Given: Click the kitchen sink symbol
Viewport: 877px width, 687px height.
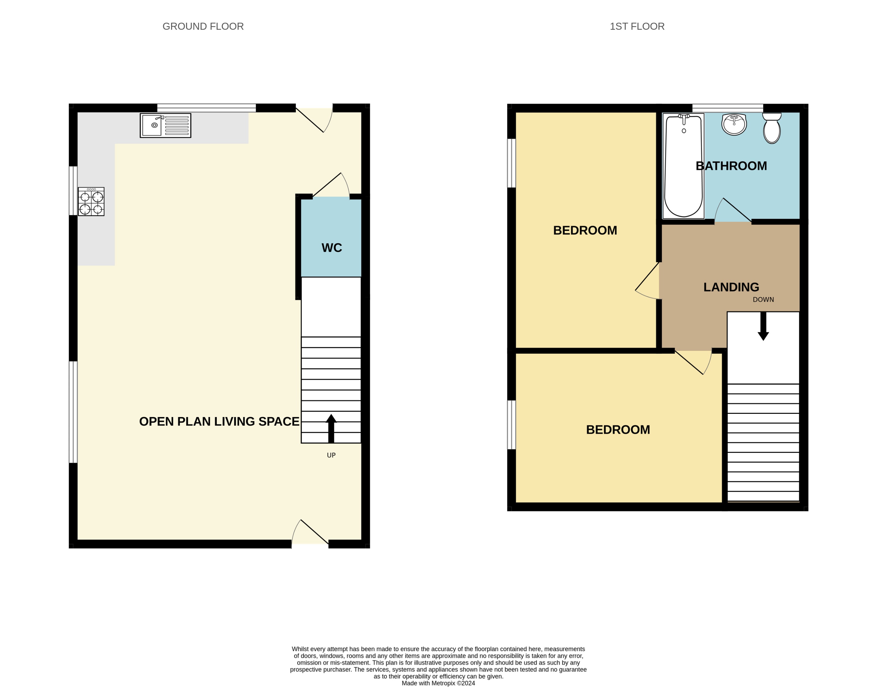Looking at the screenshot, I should [x=165, y=125].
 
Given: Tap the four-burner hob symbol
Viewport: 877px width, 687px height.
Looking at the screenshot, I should [x=91, y=201].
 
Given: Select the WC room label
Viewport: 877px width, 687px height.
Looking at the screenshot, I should [x=332, y=248].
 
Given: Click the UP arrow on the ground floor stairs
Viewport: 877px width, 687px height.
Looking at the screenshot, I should [x=331, y=428].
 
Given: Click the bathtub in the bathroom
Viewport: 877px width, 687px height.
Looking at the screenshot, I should [x=683, y=166].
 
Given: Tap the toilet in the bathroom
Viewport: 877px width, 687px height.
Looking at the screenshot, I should [x=771, y=128].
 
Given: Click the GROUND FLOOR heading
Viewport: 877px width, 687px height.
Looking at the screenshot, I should [x=203, y=26].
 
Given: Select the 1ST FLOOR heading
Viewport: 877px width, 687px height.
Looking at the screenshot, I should [x=637, y=26].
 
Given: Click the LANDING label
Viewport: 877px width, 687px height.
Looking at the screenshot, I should [x=731, y=287].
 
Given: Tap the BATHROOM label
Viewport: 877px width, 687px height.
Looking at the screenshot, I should [x=731, y=166].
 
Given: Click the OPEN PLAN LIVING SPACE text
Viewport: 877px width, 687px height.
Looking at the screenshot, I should [x=219, y=421].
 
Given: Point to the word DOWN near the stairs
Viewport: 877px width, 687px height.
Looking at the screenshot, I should [x=763, y=300].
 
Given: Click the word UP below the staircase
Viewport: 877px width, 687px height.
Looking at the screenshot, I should [x=331, y=455].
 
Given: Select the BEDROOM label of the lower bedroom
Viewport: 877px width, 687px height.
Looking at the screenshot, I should [x=618, y=430].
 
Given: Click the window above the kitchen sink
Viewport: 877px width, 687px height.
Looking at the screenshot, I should [x=206, y=108].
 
